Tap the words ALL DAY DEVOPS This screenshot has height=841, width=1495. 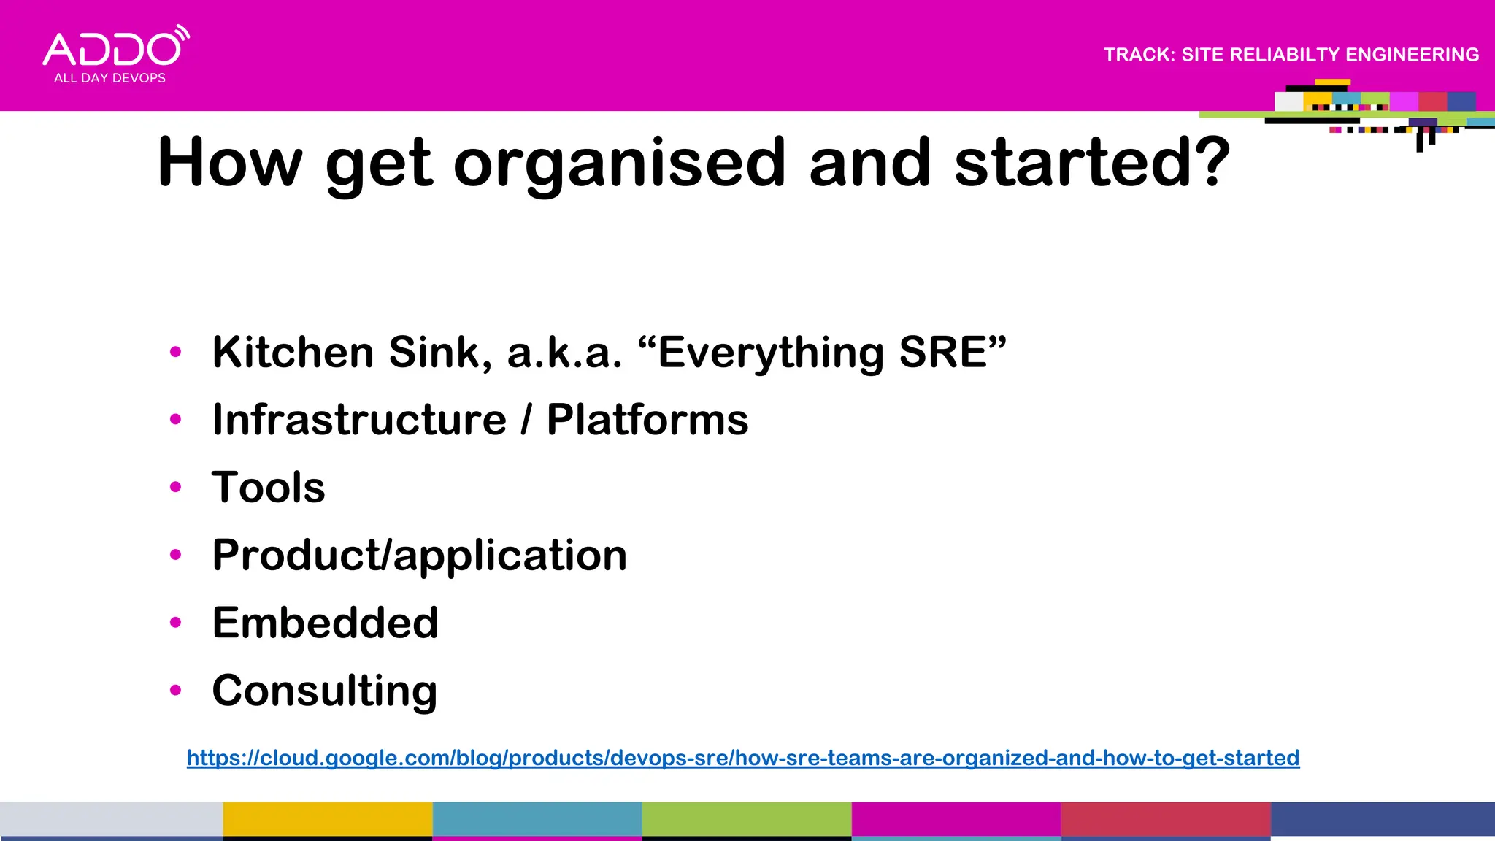109,78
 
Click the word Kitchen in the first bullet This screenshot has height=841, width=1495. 293,352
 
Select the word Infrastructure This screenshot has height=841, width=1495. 359,420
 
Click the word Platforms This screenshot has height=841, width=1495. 647,420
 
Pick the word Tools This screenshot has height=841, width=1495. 269,487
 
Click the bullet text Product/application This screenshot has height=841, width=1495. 419,555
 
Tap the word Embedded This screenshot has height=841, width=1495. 325,623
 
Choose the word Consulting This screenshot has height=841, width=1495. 325,691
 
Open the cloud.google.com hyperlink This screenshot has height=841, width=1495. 743,758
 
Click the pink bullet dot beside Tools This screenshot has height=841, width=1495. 175,487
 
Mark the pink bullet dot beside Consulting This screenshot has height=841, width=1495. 175,690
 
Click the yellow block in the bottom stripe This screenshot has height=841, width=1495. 327,819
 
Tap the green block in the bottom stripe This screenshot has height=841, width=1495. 746,819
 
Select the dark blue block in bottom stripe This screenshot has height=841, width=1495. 1383,819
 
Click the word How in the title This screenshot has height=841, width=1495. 230,162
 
